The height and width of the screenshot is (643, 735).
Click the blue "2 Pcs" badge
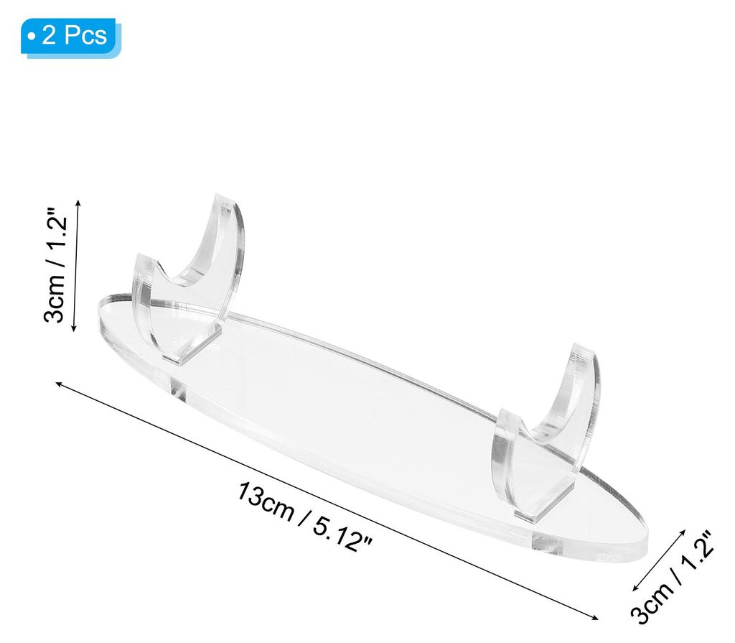coord(70,37)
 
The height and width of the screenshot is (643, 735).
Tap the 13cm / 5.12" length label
coord(304,517)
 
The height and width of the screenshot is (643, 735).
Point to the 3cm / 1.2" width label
coord(672,578)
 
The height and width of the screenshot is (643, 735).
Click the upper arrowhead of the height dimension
coord(78,203)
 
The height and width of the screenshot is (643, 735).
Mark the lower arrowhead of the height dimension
coord(73,328)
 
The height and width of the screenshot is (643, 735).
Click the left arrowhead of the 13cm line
coord(58,384)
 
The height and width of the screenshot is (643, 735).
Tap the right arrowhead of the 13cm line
coord(595,618)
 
